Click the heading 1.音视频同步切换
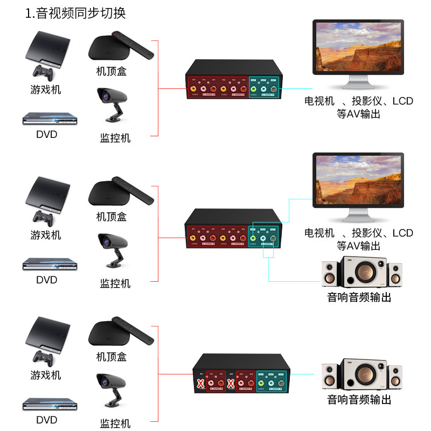click(x=75, y=13)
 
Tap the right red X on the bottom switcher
click(x=231, y=384)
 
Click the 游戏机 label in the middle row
click(x=46, y=235)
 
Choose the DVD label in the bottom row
click(x=47, y=420)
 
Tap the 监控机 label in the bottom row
click(x=115, y=423)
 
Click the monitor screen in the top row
click(x=358, y=47)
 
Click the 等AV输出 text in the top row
click(x=358, y=114)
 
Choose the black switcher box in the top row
click(x=233, y=81)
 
